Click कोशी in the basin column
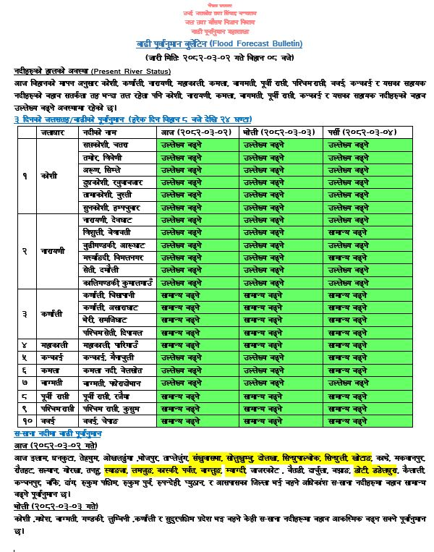(x=48, y=176)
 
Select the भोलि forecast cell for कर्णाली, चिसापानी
(x=277, y=296)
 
